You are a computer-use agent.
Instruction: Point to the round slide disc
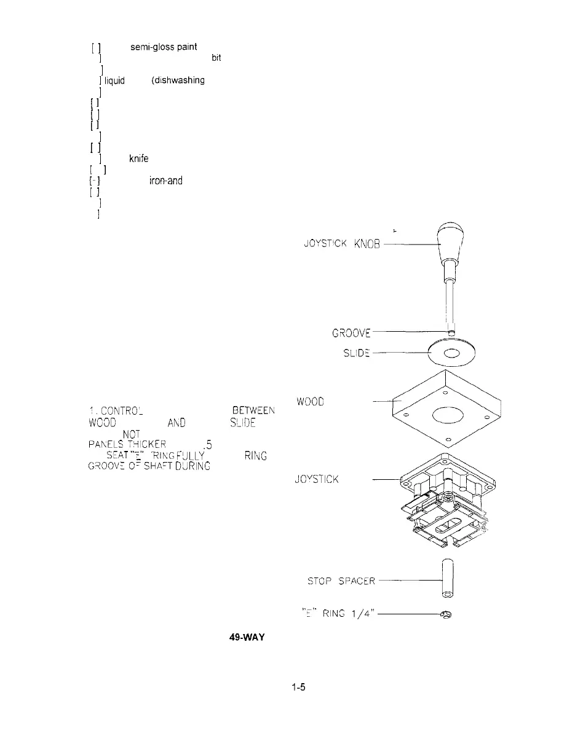(451, 353)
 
